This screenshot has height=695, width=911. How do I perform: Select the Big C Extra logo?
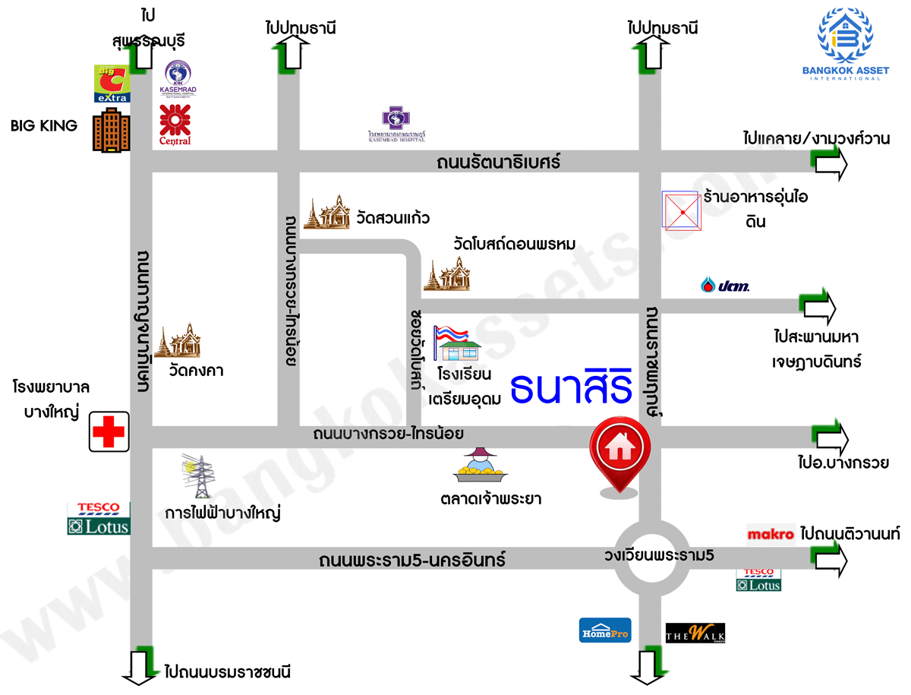(112, 84)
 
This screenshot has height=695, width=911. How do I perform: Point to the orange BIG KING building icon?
(110, 134)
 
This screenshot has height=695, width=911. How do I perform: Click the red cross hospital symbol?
(108, 432)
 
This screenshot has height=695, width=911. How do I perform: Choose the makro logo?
(771, 534)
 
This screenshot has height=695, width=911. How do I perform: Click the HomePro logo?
(605, 630)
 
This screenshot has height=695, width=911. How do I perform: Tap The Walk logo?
(695, 633)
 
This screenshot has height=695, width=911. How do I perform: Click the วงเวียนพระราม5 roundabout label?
(659, 555)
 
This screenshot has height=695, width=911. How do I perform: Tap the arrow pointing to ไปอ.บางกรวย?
(831, 436)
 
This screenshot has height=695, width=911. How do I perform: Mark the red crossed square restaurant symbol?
(682, 210)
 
